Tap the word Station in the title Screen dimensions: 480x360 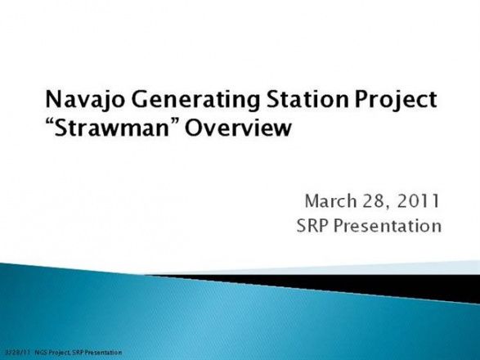click(x=307, y=99)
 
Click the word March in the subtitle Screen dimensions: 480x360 click(x=331, y=201)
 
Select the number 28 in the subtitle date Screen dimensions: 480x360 click(x=374, y=201)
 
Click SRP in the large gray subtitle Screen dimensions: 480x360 click(x=312, y=226)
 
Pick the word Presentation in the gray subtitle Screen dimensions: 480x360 click(x=388, y=226)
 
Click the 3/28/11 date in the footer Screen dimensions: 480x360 click(x=18, y=353)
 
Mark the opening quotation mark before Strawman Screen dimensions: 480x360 click(x=50, y=122)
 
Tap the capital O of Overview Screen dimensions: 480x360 click(x=194, y=128)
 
